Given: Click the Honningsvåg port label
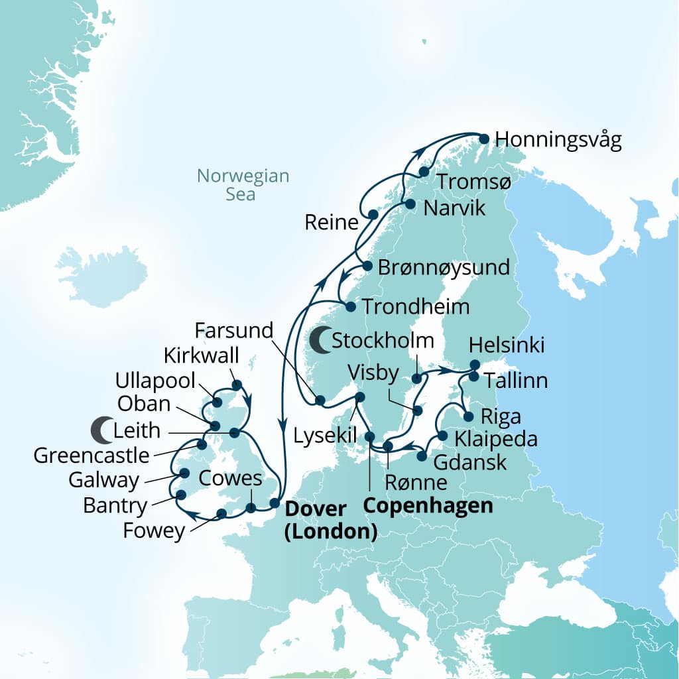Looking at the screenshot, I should (x=558, y=141).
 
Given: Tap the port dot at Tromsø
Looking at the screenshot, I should (x=424, y=172).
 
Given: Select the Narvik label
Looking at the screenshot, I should (x=454, y=208).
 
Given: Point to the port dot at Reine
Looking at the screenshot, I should (x=373, y=215).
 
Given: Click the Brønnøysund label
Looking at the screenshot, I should (x=444, y=268).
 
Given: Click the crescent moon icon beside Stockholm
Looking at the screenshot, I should (x=320, y=341).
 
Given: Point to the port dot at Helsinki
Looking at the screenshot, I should (x=475, y=364).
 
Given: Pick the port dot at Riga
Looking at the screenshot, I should (x=468, y=417).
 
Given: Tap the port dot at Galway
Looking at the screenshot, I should (x=185, y=473).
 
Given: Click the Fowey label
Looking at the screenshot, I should (x=153, y=531).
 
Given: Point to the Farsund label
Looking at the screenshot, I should (x=235, y=329).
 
